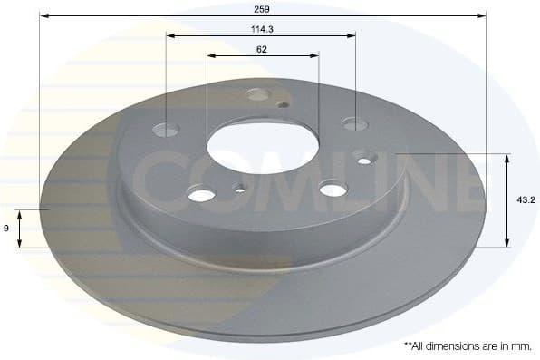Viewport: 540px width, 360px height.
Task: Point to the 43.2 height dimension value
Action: (x=523, y=199)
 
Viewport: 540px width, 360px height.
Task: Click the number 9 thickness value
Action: (x=6, y=228)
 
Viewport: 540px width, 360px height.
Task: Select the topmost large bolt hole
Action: (x=258, y=94)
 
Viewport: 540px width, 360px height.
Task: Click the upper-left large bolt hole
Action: (x=167, y=129)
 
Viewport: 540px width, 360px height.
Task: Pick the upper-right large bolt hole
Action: (x=352, y=123)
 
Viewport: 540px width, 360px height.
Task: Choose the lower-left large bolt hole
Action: (x=201, y=193)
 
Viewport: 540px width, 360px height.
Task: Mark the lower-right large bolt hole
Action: (x=333, y=189)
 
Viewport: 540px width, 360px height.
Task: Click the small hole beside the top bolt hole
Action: (x=284, y=104)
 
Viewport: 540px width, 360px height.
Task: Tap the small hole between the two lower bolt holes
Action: (x=240, y=189)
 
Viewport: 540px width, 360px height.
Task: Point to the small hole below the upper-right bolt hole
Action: (x=363, y=161)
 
